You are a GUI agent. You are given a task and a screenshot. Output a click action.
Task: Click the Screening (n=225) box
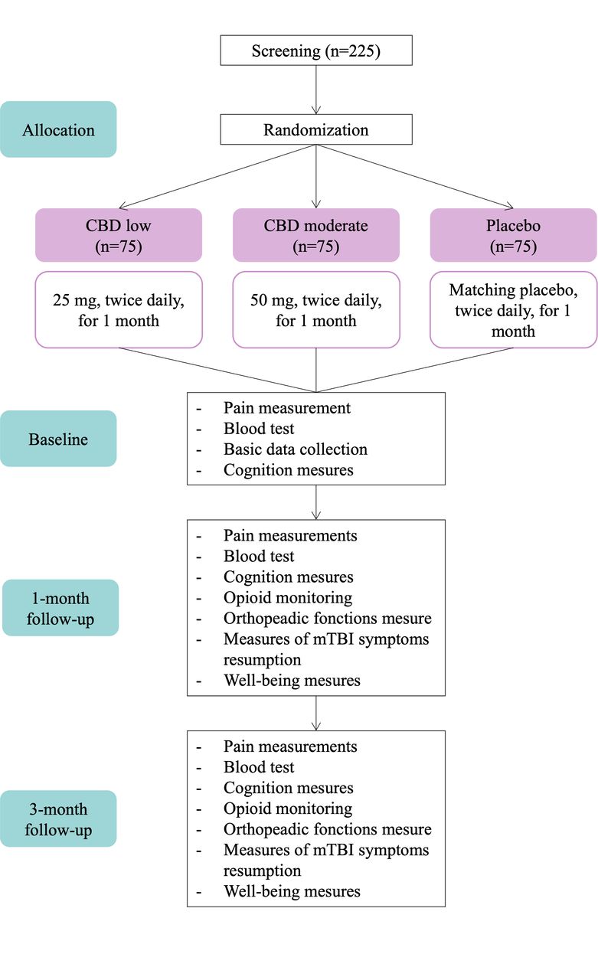[315, 51]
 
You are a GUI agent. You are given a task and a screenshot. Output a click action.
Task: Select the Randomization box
[315, 129]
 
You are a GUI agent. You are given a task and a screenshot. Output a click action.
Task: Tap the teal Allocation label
[58, 129]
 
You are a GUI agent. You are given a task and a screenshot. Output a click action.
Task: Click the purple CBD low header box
[119, 235]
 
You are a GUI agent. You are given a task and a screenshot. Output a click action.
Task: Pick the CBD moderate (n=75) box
[315, 235]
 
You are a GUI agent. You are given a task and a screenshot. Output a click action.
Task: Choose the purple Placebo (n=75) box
[514, 235]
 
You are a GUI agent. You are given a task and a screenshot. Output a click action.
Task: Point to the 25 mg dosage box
[119, 310]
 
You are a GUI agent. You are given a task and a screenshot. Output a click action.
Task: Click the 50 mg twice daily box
[315, 310]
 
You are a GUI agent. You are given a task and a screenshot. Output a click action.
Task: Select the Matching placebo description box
[514, 310]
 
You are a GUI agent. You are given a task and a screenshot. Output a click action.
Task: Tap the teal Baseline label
[58, 439]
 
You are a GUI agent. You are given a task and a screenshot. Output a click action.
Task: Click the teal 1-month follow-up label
[60, 608]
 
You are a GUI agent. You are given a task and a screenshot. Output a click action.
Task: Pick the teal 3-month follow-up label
[58, 819]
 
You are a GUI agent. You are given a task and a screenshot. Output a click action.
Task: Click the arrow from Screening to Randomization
[315, 90]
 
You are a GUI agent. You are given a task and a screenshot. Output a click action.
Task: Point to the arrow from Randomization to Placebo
[415, 177]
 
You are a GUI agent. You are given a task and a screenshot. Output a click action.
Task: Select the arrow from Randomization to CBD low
[217, 177]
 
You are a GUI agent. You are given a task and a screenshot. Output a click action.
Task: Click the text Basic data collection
[296, 449]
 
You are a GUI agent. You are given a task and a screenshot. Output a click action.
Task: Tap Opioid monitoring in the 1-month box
[288, 598]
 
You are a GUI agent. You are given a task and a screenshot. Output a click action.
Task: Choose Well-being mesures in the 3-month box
[292, 891]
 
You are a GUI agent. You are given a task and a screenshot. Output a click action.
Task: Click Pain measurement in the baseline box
[287, 408]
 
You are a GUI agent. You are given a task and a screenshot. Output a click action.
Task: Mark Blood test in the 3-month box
[259, 767]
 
